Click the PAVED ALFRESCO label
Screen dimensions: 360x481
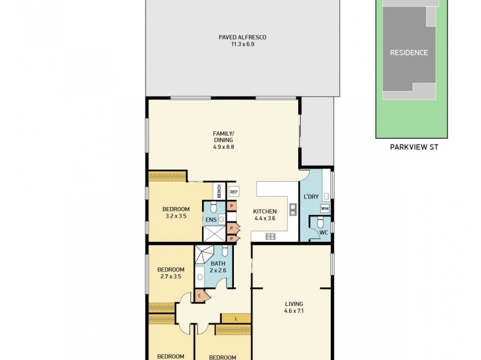242,37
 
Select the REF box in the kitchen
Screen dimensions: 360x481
234,192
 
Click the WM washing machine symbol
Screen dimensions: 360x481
325,209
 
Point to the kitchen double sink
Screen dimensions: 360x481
293,209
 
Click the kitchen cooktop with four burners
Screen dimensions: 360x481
271,236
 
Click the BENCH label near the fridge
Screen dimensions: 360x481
219,191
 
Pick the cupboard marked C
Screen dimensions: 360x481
199,296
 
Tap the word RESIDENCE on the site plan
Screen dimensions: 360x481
409,53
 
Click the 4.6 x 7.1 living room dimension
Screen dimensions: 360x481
294,311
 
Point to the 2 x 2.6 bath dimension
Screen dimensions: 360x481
217,271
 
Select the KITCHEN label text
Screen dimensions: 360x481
265,211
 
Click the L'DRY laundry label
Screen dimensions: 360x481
311,197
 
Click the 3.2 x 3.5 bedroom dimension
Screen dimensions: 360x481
176,216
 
